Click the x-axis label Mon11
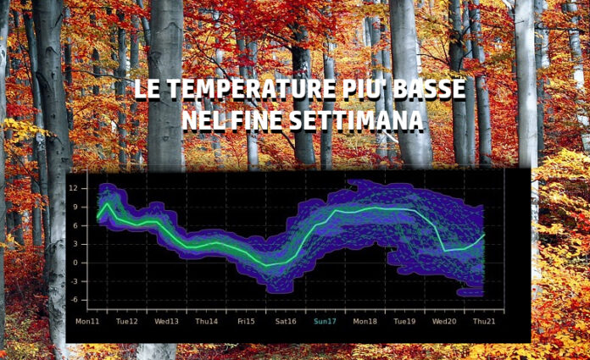pos(87,321)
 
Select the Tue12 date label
pos(127,321)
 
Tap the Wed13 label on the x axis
pos(166,321)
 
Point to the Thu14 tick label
pos(207,321)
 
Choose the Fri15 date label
pos(246,321)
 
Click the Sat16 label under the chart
pos(286,321)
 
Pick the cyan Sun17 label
pos(326,321)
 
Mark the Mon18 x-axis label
pos(365,321)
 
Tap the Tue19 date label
pos(404,321)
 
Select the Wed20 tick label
pos(444,321)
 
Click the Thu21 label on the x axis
pos(484,321)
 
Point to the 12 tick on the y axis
pos(73,188)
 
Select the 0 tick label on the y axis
pos(75,263)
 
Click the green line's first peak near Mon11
pos(108,203)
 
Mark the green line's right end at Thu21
pos(484,235)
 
